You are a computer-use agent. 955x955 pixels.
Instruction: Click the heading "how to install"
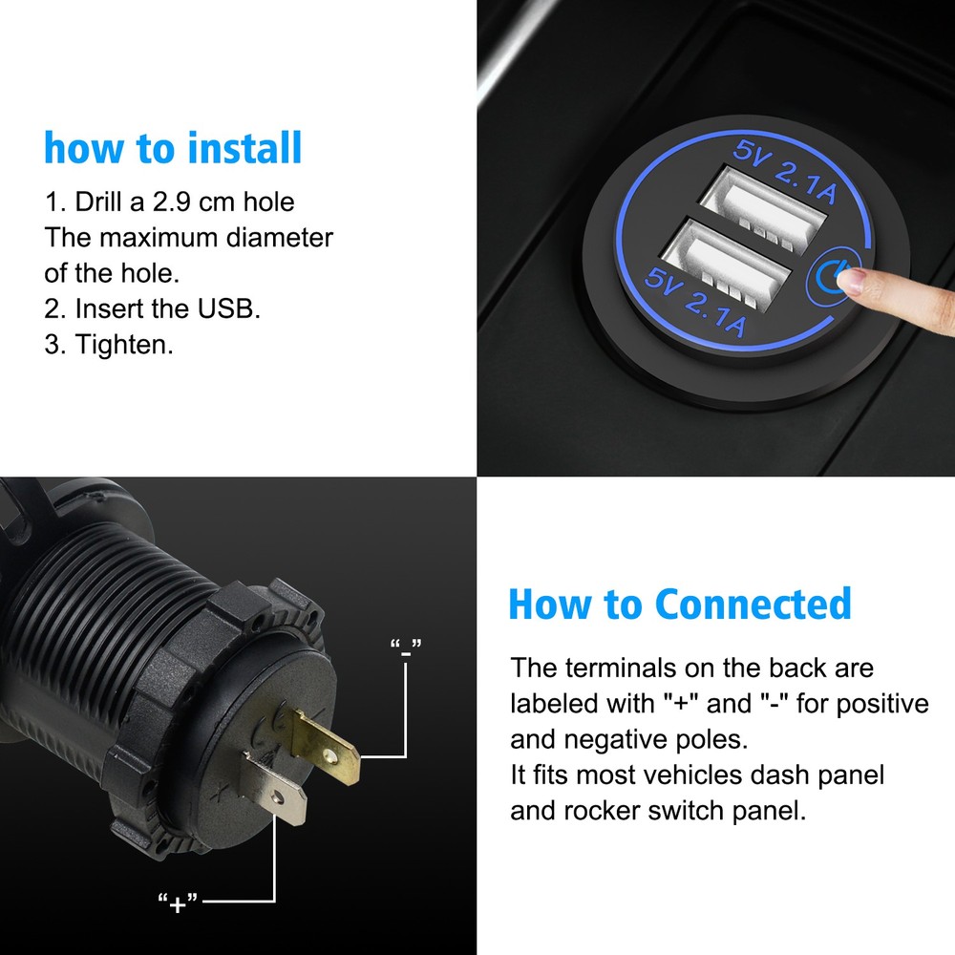point(173,150)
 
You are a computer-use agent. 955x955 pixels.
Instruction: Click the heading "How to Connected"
point(679,605)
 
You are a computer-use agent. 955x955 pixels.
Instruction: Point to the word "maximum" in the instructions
point(161,237)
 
